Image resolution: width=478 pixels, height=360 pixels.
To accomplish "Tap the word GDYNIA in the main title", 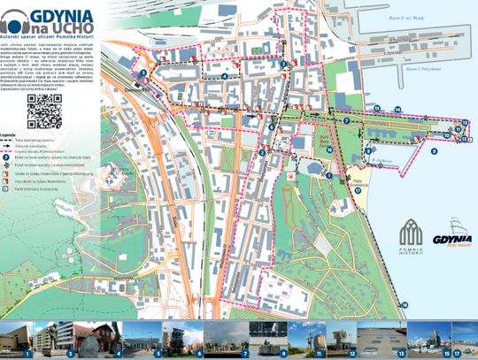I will tap(69, 15).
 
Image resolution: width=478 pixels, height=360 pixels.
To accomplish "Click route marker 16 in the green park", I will tap(329, 149).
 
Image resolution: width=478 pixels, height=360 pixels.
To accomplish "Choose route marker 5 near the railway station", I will tap(143, 73).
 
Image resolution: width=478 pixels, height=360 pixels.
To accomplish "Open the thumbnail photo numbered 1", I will tap(17, 340).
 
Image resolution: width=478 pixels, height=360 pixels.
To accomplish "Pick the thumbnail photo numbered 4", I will tap(103, 340).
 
